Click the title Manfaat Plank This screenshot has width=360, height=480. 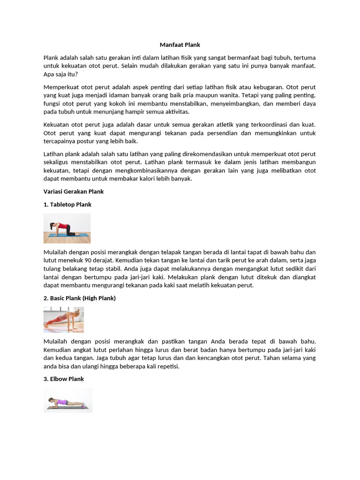180,45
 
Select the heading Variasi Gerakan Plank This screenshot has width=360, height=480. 74,191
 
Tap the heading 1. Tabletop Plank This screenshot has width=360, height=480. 67,204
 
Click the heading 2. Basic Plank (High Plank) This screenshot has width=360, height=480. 80,298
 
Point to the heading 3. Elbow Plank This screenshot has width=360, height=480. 64,379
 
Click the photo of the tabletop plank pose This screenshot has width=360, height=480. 67,228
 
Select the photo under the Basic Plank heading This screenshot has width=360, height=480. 64,320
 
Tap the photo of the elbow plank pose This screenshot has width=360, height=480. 68,400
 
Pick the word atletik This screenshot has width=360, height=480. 211,125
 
